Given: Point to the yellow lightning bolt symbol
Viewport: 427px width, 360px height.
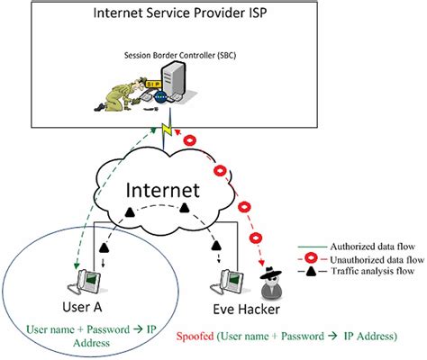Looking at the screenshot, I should [x=166, y=131].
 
